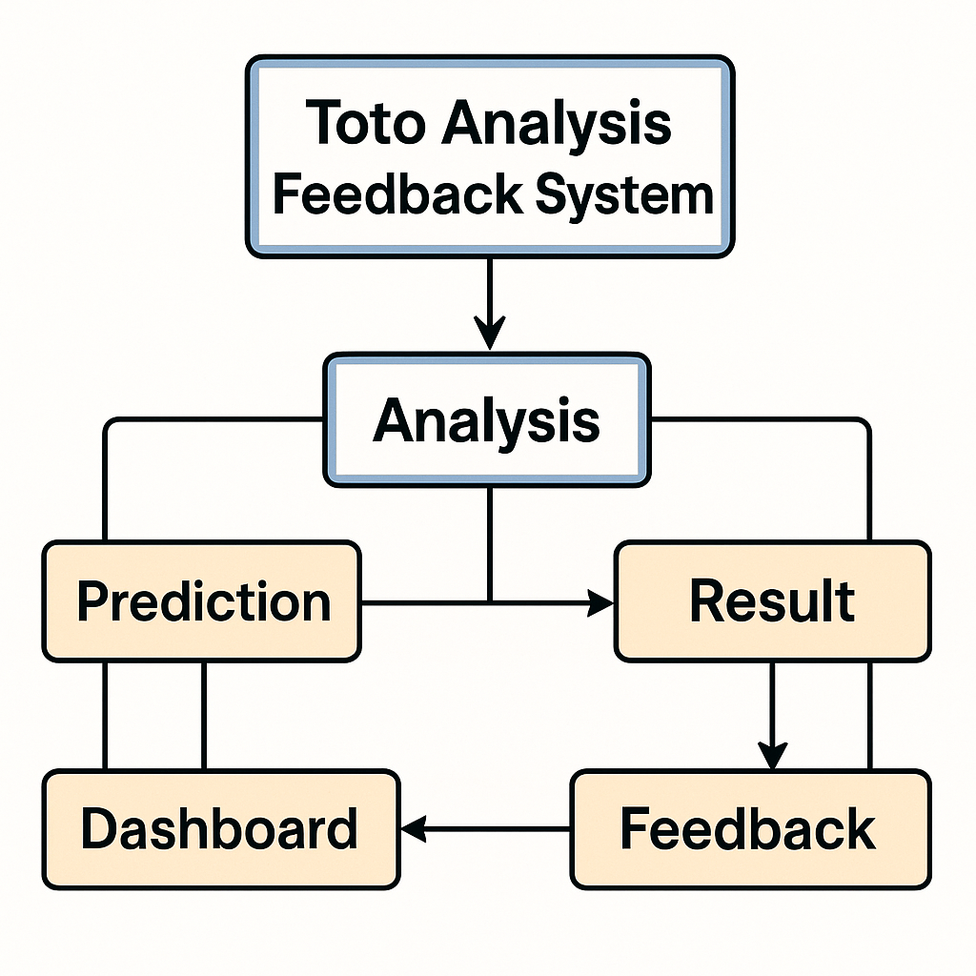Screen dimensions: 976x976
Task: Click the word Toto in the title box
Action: click(365, 123)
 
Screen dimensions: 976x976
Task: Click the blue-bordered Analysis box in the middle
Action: click(487, 419)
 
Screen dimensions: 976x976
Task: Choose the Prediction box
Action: click(202, 600)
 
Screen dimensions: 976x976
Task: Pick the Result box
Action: click(772, 600)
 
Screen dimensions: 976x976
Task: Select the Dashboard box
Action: click(221, 829)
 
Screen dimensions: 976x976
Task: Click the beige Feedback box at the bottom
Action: click(751, 829)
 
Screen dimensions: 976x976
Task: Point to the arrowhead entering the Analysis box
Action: click(490, 333)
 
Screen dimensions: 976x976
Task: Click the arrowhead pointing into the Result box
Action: click(600, 603)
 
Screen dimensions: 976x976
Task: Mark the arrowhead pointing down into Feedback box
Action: click(772, 756)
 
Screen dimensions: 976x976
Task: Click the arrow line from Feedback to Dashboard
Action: click(485, 829)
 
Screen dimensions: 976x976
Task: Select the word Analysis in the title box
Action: click(557, 124)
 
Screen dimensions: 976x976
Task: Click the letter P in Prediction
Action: click(91, 600)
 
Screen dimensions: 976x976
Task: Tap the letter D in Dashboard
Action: click(98, 828)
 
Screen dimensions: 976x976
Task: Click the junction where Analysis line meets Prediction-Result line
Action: click(490, 602)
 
